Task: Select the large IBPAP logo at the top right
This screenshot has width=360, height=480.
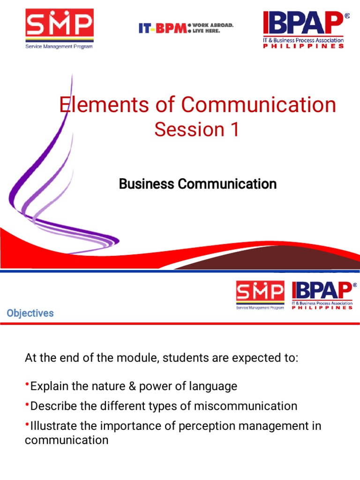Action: click(305, 29)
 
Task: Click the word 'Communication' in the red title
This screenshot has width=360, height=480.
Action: click(259, 105)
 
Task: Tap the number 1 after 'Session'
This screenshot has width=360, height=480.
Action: click(233, 130)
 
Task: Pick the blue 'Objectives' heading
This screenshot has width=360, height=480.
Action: click(30, 313)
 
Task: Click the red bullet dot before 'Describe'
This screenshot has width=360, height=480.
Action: click(27, 404)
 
